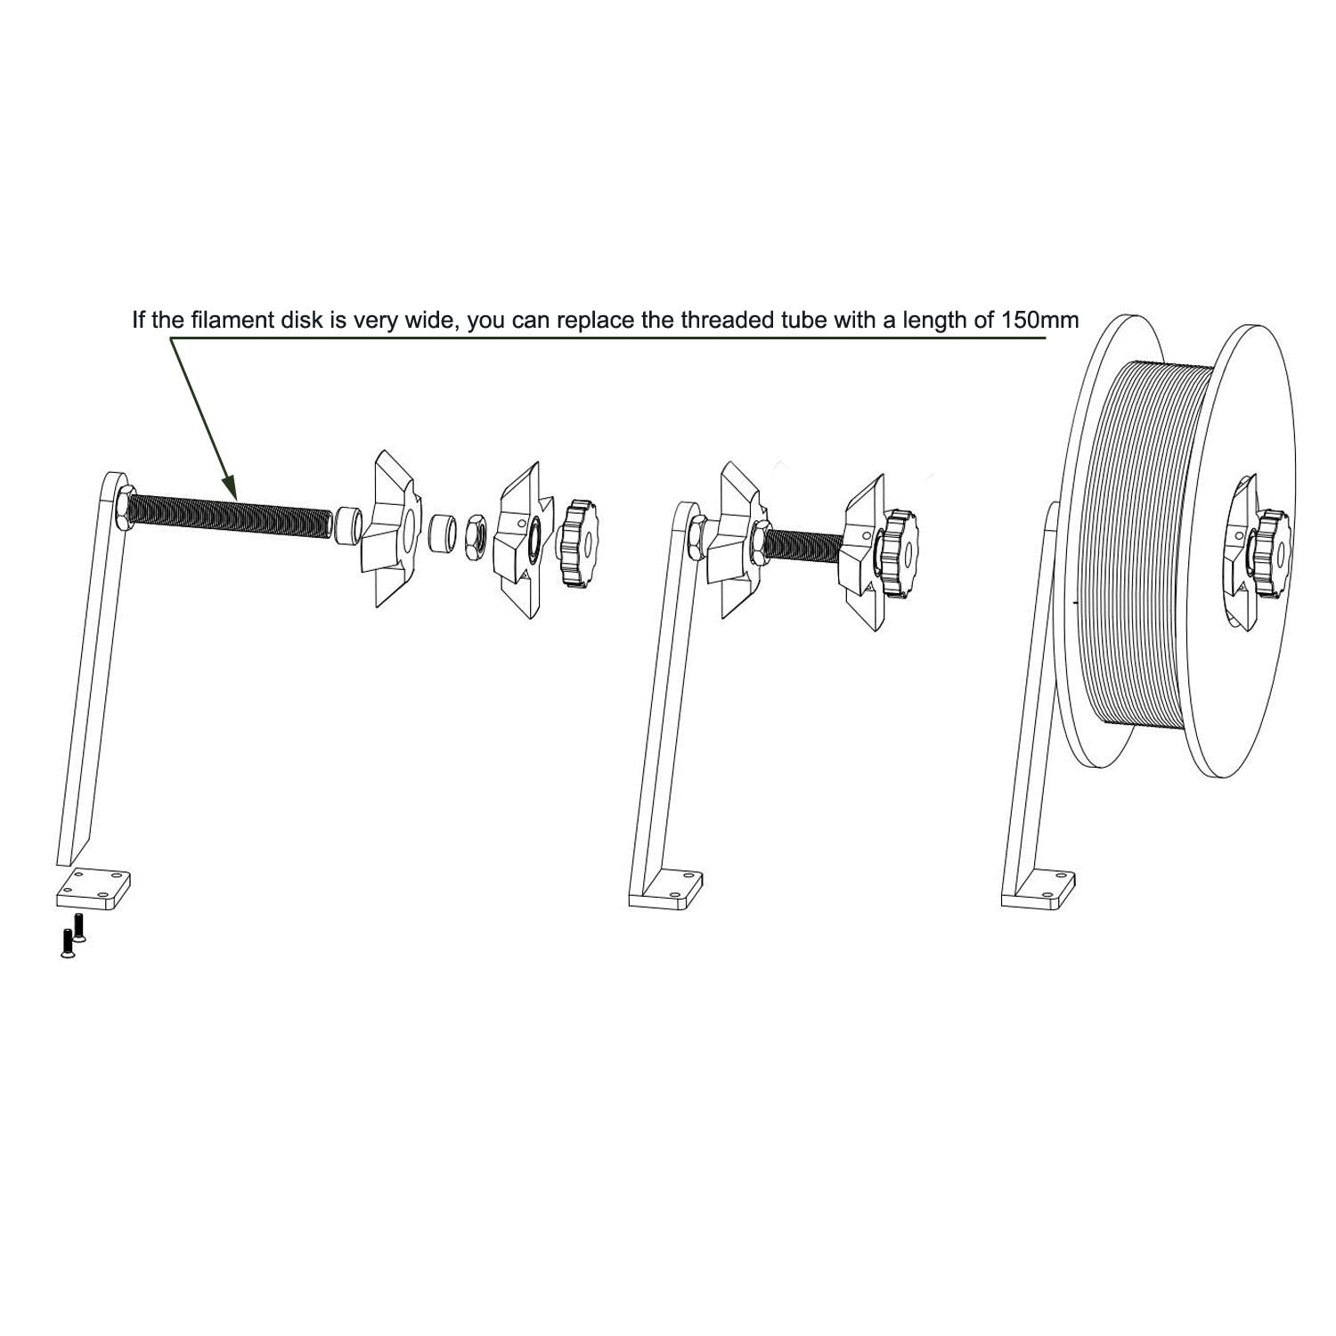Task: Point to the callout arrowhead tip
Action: (x=235, y=496)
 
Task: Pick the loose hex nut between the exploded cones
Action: (x=476, y=537)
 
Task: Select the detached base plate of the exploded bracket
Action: (x=94, y=888)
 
